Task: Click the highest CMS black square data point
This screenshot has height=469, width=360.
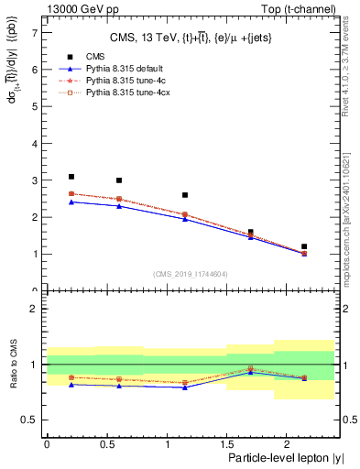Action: pos(71,177)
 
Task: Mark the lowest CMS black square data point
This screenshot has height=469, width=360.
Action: pos(304,246)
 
